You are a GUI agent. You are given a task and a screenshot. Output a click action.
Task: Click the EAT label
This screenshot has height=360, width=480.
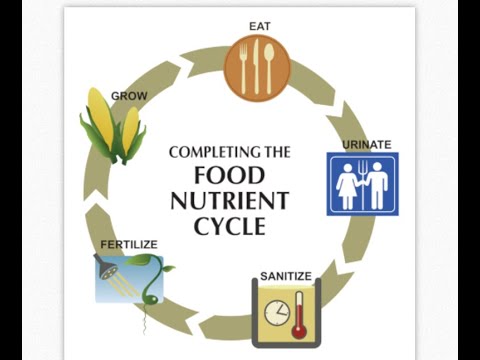tap(260, 26)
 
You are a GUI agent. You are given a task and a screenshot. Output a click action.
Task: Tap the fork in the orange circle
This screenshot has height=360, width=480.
tap(244, 69)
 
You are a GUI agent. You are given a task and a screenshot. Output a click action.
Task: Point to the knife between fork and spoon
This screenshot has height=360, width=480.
tap(256, 66)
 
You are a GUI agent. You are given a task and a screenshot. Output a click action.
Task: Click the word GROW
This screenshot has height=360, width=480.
tap(129, 96)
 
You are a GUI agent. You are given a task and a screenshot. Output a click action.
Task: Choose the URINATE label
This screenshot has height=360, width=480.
tap(367, 145)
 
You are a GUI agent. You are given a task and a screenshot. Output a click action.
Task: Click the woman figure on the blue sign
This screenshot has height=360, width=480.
tap(347, 186)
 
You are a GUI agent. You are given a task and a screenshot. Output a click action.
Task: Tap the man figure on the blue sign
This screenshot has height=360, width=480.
tap(377, 186)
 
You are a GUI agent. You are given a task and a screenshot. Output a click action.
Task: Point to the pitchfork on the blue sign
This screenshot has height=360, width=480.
tap(363, 185)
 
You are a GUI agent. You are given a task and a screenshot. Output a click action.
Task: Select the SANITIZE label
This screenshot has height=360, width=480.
tap(286, 276)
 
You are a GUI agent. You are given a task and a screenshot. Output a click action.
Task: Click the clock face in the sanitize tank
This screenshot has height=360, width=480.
tap(277, 313)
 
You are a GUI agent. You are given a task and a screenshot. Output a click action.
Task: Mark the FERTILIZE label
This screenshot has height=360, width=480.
tap(129, 245)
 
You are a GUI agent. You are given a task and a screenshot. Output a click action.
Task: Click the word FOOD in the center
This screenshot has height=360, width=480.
tap(229, 175)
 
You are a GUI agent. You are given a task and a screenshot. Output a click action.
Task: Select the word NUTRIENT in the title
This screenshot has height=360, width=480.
tap(229, 201)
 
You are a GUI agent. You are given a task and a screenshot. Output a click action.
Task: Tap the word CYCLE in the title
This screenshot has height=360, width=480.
tap(230, 227)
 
